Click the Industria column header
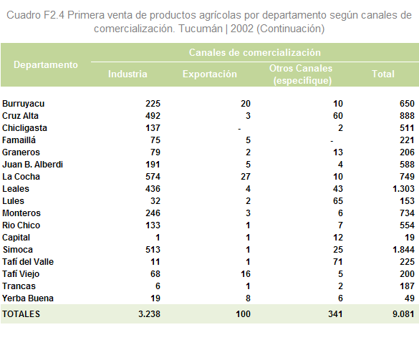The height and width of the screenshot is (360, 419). [x=127, y=74]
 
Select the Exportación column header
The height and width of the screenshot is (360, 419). [x=210, y=74]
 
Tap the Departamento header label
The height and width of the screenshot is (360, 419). [x=46, y=65]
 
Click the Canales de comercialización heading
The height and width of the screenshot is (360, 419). [x=255, y=52]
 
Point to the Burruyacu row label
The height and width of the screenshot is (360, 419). [x=23, y=104]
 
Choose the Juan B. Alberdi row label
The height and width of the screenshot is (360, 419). [x=33, y=165]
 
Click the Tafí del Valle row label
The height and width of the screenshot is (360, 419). [x=28, y=262]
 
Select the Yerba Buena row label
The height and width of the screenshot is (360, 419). [x=28, y=298]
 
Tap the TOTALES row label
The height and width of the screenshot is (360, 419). [x=21, y=314]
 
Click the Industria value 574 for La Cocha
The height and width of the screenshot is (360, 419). [x=153, y=177]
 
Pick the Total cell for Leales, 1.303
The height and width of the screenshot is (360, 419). [x=403, y=189]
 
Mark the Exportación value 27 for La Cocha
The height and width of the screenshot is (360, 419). [x=246, y=177]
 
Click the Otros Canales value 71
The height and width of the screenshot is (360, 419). [x=338, y=262]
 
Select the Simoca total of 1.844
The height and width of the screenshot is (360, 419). [x=403, y=250]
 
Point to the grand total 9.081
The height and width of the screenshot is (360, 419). [x=403, y=314]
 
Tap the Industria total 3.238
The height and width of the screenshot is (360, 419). [x=150, y=314]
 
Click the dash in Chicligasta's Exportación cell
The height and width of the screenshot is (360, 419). [x=239, y=130]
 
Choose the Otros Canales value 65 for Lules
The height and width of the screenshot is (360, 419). [x=338, y=201]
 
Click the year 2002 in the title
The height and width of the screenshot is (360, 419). [x=242, y=29]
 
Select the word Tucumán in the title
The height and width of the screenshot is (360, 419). [x=201, y=29]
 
